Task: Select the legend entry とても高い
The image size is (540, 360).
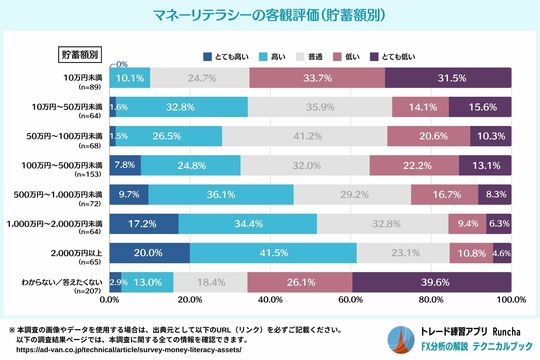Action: pos(233,57)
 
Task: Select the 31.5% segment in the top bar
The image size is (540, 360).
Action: pos(447,77)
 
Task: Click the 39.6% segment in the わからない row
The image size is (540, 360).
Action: pos(432,282)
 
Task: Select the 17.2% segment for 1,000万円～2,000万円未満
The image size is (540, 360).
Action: pos(143,224)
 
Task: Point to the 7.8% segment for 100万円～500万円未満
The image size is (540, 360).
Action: pos(125,165)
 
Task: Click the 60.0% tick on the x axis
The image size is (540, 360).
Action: pos(351,299)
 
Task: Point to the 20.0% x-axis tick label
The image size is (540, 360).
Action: pos(190,299)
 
